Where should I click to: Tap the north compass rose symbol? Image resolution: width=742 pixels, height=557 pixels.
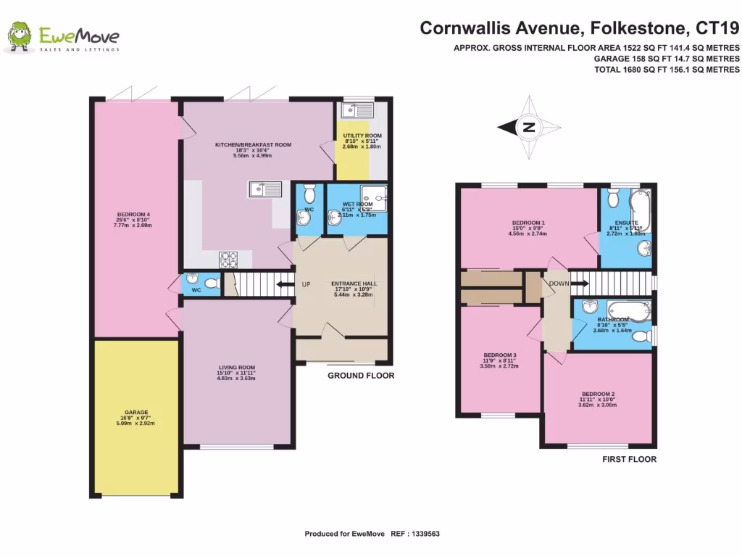529,127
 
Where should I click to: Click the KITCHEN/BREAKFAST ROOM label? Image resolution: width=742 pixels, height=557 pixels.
253,145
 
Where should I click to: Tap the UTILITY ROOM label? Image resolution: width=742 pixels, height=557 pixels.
362,136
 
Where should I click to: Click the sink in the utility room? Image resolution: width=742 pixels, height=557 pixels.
358,110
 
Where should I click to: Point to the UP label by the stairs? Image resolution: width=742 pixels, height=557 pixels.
306,284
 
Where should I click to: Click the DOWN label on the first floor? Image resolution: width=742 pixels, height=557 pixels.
559,284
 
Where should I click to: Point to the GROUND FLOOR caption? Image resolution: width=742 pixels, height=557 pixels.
361,376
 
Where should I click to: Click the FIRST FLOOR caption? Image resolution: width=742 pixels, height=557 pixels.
629,459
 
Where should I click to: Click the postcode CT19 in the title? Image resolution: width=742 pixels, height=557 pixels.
717,28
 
